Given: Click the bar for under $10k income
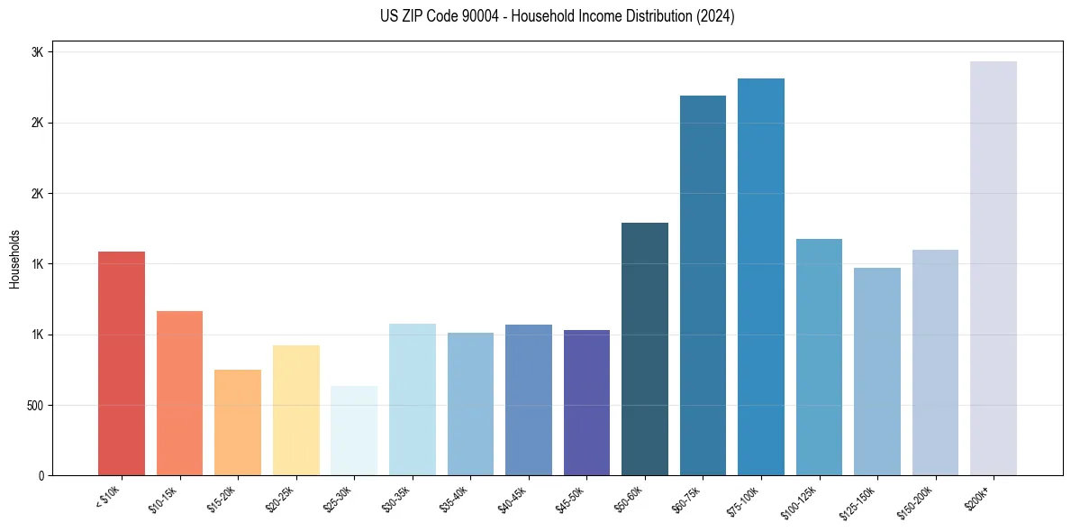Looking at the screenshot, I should point(122,363).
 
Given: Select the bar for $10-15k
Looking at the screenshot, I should point(179,393).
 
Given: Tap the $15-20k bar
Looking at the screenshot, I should point(238,422).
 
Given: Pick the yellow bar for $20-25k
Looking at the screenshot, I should point(295,410).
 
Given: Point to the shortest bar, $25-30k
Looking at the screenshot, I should point(354,431).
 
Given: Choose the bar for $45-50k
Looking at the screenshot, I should point(586,403).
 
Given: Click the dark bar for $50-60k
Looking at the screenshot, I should point(645,349).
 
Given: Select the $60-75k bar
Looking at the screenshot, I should point(703,286).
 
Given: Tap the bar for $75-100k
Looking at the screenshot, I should point(761,277).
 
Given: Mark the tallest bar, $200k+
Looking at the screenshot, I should point(994,269).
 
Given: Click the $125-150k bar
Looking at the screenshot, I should point(877,371).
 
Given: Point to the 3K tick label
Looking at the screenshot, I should point(37,52).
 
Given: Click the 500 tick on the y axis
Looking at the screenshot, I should point(34,406).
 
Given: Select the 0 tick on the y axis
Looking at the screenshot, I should point(41,476).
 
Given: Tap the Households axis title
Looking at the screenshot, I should point(14,259).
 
